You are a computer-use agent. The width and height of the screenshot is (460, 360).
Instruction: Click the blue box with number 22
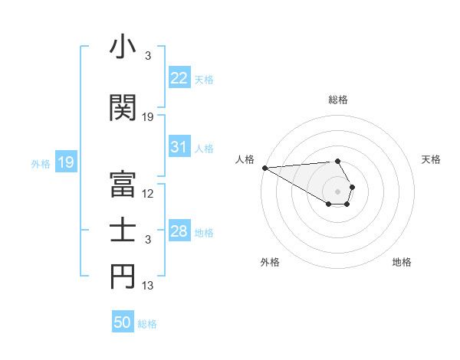click(x=179, y=77)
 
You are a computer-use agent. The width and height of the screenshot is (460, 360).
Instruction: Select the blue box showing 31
click(x=179, y=147)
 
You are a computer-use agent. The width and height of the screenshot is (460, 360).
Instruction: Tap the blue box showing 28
click(x=179, y=231)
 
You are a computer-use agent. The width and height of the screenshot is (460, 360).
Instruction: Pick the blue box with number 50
click(x=123, y=322)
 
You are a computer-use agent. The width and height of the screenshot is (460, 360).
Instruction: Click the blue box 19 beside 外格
click(x=65, y=162)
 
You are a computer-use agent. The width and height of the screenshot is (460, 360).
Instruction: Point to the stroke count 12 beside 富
click(x=148, y=194)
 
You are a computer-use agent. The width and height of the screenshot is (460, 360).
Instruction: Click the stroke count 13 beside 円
click(x=148, y=286)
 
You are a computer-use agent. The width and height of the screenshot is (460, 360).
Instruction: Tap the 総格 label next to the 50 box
click(x=147, y=324)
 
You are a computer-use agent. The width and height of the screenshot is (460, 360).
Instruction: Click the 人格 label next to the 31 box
click(x=204, y=149)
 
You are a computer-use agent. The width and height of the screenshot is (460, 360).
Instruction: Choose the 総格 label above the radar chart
click(x=337, y=100)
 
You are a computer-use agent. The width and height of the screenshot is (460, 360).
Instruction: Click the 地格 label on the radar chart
click(x=402, y=262)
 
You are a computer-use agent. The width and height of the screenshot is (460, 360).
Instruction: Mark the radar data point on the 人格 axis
click(x=264, y=168)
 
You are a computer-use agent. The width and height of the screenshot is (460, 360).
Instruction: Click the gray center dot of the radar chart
click(x=337, y=191)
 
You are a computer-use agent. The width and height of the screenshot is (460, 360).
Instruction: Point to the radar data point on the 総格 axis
click(x=337, y=161)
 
